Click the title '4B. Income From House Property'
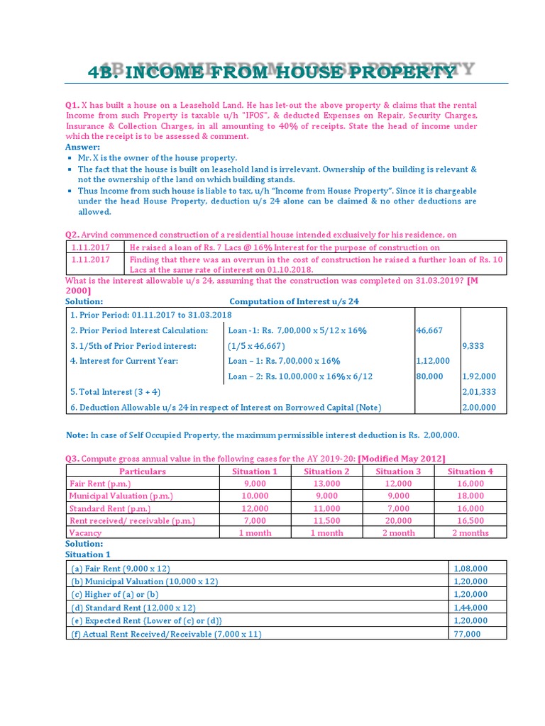(272, 72)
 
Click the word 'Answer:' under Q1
(83, 147)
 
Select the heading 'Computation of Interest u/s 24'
(294, 301)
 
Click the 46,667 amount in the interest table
(429, 330)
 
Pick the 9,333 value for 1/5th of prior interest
(473, 346)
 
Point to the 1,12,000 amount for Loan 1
(432, 361)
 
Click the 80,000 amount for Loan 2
(429, 376)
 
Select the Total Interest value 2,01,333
(479, 392)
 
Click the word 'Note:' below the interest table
(77, 435)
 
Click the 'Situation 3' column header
(398, 471)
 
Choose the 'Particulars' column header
(142, 471)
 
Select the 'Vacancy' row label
(85, 533)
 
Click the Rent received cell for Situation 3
(398, 520)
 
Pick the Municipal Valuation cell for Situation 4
(470, 496)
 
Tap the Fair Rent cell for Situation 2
(326, 484)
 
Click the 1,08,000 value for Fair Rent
(470, 569)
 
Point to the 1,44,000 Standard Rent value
(470, 608)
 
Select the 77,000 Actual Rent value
(466, 634)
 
